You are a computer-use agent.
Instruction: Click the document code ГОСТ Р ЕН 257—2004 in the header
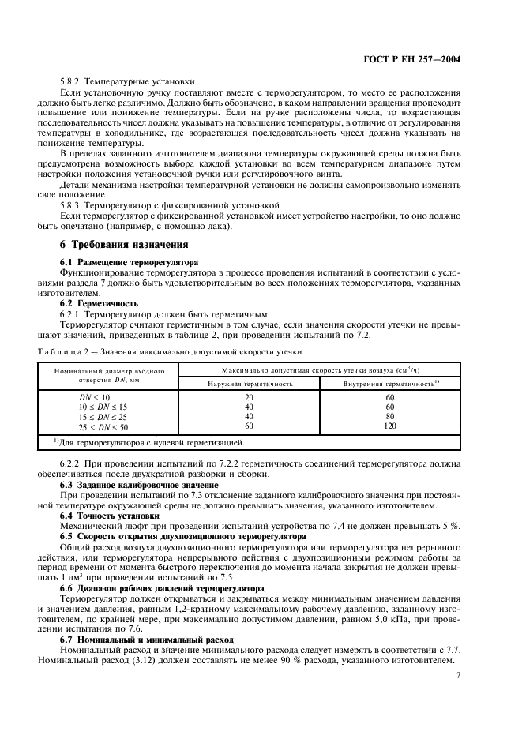[422, 58]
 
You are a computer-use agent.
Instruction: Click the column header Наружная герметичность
[250, 383]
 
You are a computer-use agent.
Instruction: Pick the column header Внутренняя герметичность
[389, 383]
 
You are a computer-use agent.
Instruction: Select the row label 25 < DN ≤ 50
[100, 426]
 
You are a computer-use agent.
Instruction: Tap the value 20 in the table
[250, 397]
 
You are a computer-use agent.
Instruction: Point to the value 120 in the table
[389, 426]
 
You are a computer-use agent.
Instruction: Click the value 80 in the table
[389, 416]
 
